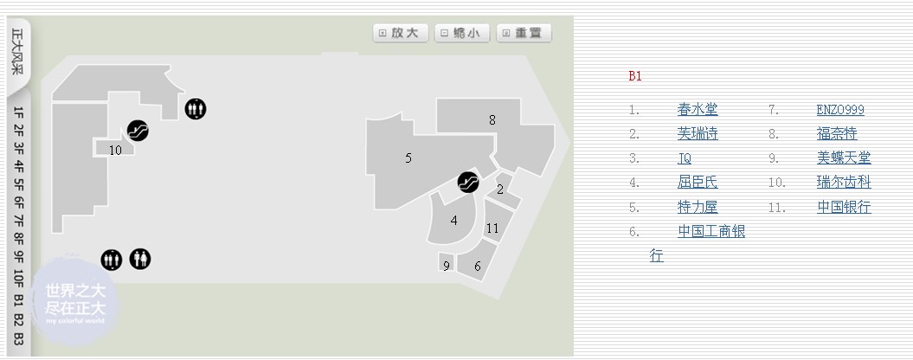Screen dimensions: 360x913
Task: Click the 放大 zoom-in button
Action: coord(402,33)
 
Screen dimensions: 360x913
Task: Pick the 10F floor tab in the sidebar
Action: coord(18,278)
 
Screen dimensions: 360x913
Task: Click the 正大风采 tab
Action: coord(17,51)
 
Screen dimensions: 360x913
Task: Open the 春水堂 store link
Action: coord(698,110)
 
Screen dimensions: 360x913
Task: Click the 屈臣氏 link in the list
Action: coord(698,183)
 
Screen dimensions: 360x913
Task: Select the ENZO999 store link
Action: coord(840,110)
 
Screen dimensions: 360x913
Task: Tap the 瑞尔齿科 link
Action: coord(844,183)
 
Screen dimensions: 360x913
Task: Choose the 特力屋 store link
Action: coord(698,207)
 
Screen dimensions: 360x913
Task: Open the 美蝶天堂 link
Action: coord(844,158)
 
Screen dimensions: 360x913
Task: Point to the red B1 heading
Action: coord(635,76)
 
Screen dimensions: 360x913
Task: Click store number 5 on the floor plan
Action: coord(408,157)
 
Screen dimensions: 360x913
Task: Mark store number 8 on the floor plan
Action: coord(492,120)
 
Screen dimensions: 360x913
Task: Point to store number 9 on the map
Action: coord(447,266)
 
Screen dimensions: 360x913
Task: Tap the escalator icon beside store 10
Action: coord(138,131)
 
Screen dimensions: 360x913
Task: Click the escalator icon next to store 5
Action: coord(468,183)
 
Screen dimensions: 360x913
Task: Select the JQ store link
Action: coord(685,158)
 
